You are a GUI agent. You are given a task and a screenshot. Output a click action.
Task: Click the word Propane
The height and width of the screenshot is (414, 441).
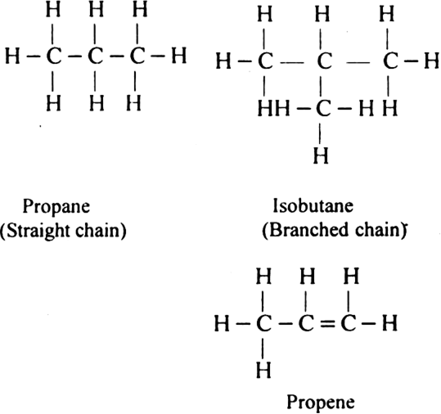pos(56,208)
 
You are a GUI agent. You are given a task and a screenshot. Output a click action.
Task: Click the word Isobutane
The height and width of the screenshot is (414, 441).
pos(313,205)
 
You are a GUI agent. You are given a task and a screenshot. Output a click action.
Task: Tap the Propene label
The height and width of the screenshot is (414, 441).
pos(321,403)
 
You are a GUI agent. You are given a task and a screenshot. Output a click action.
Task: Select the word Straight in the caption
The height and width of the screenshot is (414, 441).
pos(36,232)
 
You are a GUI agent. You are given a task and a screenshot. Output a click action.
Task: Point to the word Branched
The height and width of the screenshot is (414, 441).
pos(306,231)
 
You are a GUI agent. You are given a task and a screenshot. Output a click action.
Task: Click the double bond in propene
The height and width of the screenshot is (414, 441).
pos(326,324)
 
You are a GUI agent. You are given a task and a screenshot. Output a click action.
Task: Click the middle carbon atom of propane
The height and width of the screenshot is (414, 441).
pos(96,56)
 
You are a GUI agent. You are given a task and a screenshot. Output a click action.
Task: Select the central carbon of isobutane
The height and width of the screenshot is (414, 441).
pos(324,61)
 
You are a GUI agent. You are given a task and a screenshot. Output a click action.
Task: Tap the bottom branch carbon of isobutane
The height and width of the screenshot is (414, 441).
pos(323,109)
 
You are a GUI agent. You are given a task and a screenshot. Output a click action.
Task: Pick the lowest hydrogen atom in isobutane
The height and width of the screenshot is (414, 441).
pos(321,155)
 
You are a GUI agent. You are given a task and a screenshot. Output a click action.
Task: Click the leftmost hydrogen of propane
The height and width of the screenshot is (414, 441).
pos(12,56)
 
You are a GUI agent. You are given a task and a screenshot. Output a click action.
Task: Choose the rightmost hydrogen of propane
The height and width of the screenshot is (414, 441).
pos(179,56)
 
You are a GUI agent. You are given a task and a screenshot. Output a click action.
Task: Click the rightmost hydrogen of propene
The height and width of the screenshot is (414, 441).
pos(389,323)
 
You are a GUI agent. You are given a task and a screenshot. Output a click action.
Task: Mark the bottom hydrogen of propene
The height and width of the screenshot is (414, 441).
pos(263,370)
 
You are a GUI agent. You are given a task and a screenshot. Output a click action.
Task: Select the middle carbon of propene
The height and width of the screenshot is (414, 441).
pos(306,324)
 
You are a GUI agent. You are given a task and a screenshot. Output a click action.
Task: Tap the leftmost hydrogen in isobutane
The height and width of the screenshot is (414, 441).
pos(223,61)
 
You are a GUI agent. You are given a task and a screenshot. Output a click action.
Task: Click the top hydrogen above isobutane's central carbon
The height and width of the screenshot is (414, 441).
pos(322,15)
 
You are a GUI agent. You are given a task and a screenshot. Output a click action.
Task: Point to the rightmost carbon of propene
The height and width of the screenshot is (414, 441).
pos(349,324)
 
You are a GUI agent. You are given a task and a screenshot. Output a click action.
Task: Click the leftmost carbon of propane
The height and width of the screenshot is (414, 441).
pos(53,56)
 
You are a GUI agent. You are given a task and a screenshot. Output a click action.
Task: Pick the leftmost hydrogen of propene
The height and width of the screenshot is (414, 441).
pos(222,323)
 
